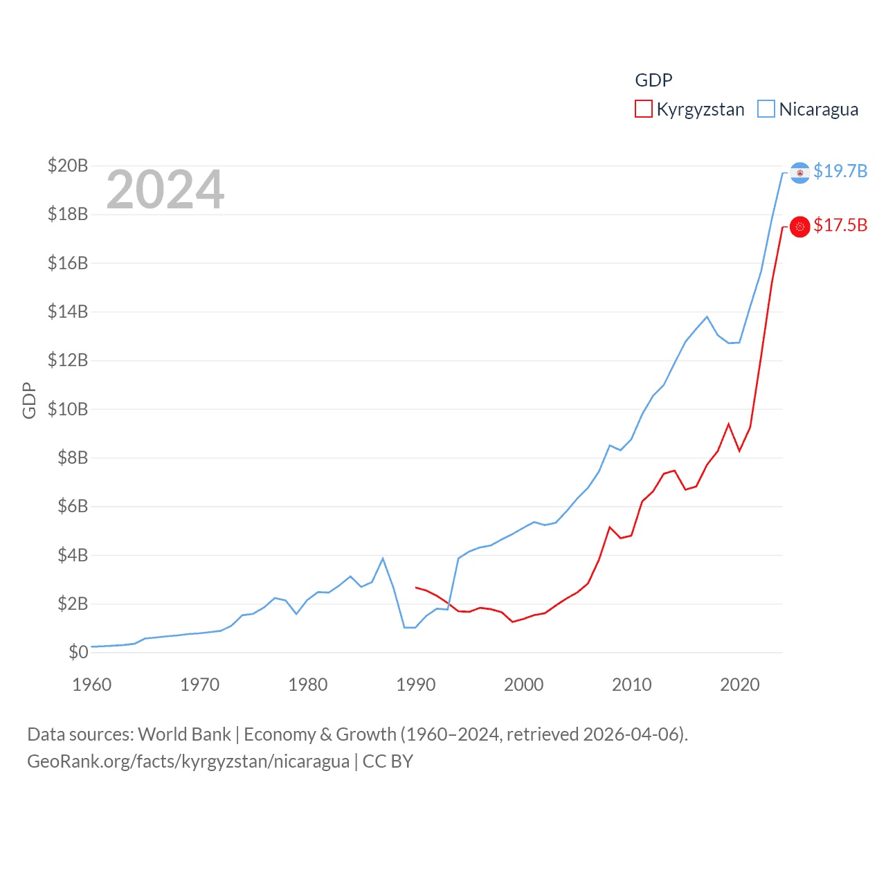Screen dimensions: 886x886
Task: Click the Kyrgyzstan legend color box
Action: pyautogui.click(x=644, y=109)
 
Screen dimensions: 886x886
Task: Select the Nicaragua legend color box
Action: pyautogui.click(x=766, y=109)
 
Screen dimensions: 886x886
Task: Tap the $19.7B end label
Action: pyautogui.click(x=840, y=171)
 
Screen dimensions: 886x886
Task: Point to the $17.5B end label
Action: pyautogui.click(x=840, y=226)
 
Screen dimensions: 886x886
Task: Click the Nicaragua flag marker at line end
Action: pyautogui.click(x=800, y=172)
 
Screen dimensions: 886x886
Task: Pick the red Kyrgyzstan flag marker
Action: pyautogui.click(x=800, y=226)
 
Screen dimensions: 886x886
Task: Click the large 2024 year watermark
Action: pyautogui.click(x=165, y=190)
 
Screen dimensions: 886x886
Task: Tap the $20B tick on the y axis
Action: pyautogui.click(x=68, y=165)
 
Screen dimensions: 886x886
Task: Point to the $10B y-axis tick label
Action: pyautogui.click(x=68, y=409)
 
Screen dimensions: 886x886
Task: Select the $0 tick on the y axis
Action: pyautogui.click(x=78, y=652)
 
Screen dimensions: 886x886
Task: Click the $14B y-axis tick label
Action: pyautogui.click(x=68, y=311)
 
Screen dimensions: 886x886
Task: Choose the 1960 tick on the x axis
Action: pyautogui.click(x=92, y=685)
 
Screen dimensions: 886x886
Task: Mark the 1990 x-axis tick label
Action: pyautogui.click(x=416, y=685)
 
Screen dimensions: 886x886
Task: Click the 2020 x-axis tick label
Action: pyautogui.click(x=740, y=685)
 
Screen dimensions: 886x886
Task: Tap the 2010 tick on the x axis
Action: pyautogui.click(x=632, y=685)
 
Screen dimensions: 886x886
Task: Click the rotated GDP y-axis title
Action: pyautogui.click(x=29, y=400)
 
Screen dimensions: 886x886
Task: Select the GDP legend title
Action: pyautogui.click(x=653, y=80)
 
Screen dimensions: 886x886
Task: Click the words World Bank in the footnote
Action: pyautogui.click(x=185, y=734)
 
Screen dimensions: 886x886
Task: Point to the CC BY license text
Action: pyautogui.click(x=388, y=761)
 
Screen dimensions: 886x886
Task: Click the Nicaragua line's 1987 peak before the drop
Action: pyautogui.click(x=383, y=559)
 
